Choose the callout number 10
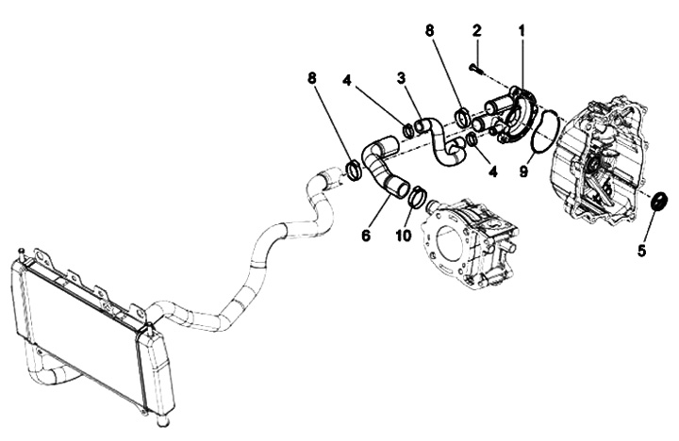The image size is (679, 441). [403, 236]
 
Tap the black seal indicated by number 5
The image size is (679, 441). [659, 201]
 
